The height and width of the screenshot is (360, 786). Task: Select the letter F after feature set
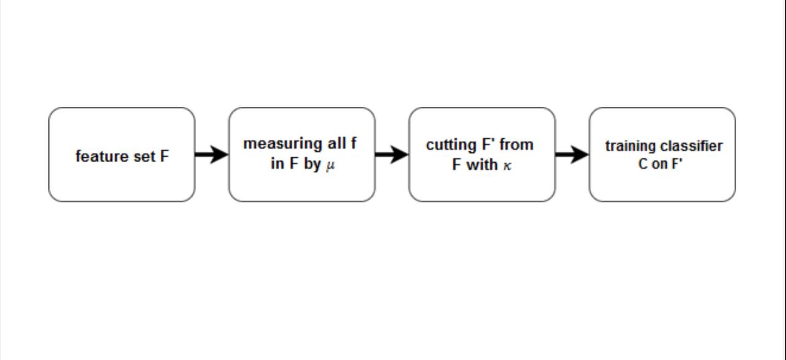tap(165, 156)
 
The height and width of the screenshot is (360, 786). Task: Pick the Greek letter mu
tap(330, 166)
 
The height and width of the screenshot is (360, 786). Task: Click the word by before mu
tap(313, 164)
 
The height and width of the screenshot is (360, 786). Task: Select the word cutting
tap(451, 145)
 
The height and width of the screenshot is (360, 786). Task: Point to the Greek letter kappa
tap(507, 166)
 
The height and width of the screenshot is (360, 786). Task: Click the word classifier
tap(687, 146)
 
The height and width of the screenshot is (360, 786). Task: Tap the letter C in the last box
tap(643, 164)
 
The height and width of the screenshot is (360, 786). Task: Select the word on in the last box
tap(659, 165)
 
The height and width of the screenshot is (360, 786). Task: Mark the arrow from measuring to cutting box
tap(392, 154)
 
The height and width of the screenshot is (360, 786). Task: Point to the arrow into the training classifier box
tap(572, 154)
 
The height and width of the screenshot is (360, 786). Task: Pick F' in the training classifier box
tap(676, 164)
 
